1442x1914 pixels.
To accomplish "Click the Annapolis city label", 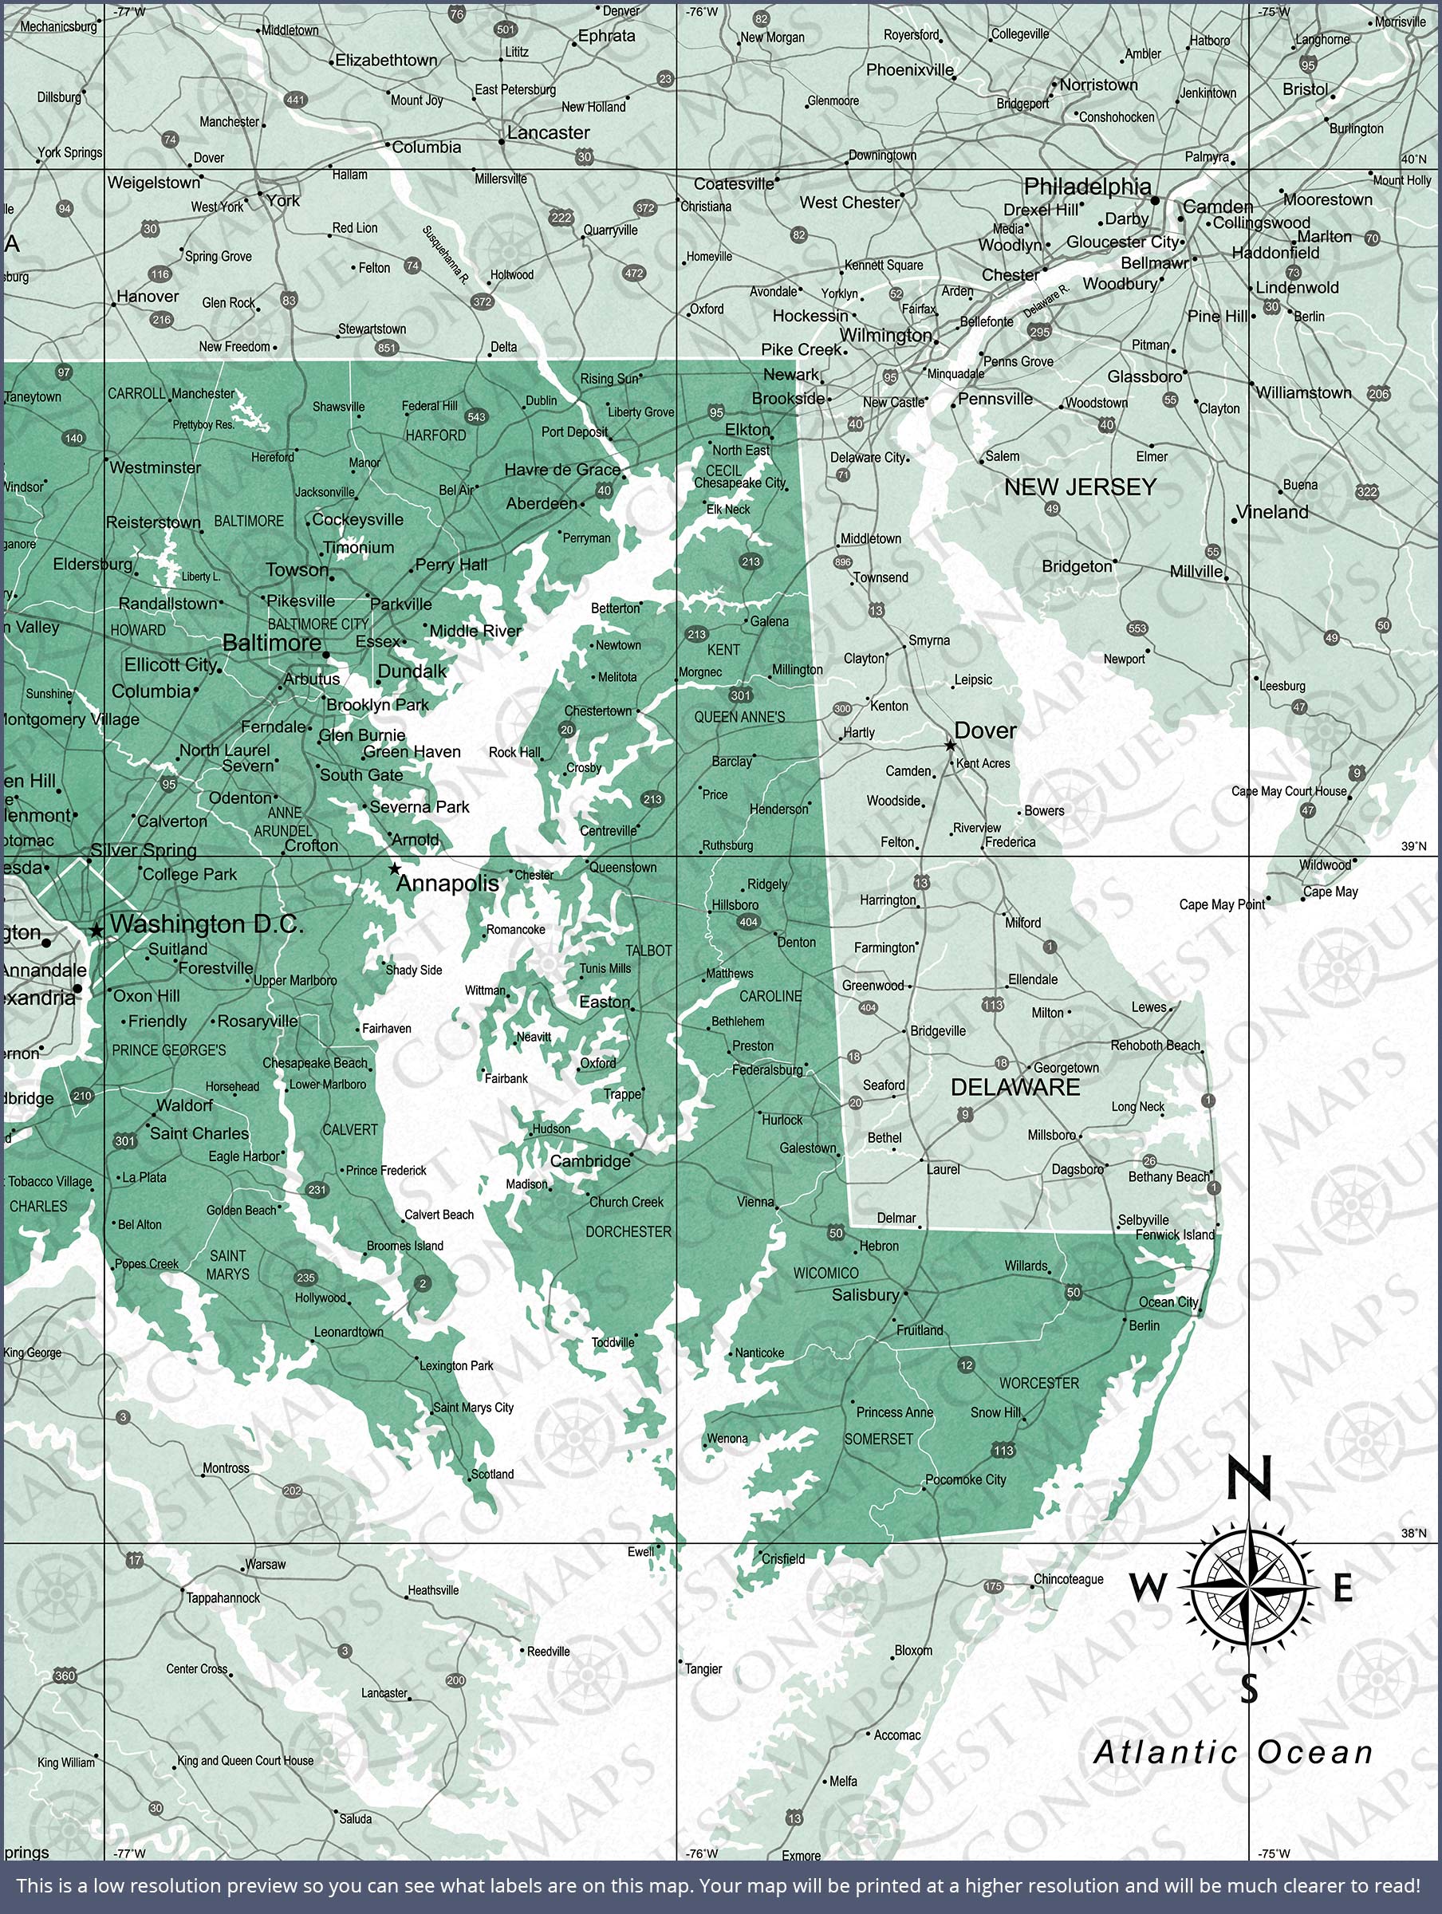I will [447, 883].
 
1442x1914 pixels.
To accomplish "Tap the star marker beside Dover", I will [951, 745].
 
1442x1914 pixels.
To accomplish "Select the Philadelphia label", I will [1087, 186].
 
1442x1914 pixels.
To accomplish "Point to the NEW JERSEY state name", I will [1080, 487].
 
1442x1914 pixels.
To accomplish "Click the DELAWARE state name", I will [1015, 1088].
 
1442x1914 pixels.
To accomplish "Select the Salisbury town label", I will [865, 1294].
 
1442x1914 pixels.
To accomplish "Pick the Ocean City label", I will [1168, 1302].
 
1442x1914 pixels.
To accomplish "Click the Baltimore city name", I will [272, 643].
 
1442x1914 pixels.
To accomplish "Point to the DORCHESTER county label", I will [628, 1231].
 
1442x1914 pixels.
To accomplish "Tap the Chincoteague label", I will [1068, 1579].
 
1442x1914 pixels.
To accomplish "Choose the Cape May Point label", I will [1221, 904].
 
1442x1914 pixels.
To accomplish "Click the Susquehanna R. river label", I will [446, 255].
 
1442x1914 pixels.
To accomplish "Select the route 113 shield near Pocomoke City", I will [1003, 1450].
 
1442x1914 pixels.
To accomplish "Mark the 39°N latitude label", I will [1413, 846].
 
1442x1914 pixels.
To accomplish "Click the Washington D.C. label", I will [207, 924].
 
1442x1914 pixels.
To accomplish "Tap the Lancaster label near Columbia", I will [548, 133].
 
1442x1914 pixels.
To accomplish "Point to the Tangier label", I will [703, 1669].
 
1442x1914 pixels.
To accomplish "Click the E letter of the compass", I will [1342, 1589].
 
